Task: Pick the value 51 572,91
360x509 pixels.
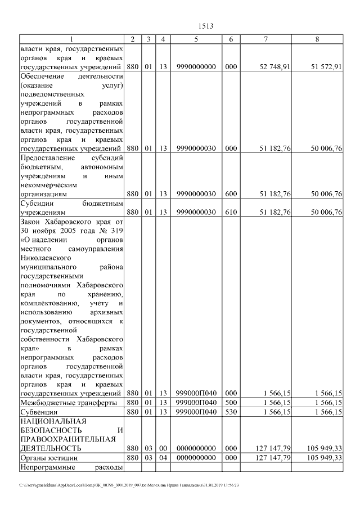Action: [326, 67]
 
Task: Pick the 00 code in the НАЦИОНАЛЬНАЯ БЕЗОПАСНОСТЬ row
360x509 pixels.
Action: [163, 448]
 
